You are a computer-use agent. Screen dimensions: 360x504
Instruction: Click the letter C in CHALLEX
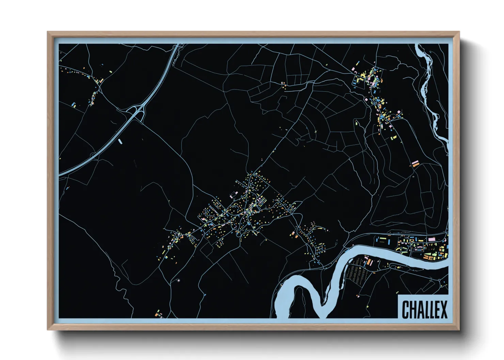406,309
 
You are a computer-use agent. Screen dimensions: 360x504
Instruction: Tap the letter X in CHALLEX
443,309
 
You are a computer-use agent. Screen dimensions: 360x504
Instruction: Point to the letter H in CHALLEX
413,309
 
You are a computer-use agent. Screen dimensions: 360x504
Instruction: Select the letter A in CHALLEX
421,309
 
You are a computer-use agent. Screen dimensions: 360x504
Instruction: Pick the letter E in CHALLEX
436,309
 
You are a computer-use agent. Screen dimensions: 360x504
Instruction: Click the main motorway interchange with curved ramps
137,111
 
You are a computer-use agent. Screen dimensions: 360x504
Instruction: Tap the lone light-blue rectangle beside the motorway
120,140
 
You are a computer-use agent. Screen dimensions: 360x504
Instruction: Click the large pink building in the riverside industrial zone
431,240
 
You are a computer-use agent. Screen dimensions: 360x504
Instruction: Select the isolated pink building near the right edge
415,164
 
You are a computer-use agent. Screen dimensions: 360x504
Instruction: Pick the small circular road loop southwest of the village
178,280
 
